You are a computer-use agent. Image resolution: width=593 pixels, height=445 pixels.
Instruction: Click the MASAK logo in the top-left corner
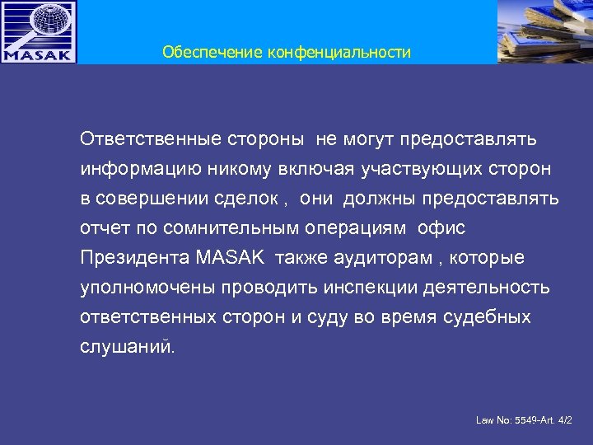click(x=39, y=32)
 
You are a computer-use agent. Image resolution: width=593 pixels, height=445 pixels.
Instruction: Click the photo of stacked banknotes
click(x=544, y=31)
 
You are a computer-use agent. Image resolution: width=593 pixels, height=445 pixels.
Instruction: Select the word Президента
click(x=135, y=258)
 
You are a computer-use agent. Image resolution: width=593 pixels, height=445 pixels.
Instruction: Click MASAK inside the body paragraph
click(x=231, y=258)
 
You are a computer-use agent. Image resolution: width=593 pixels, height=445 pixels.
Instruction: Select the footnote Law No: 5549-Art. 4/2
click(x=524, y=421)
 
